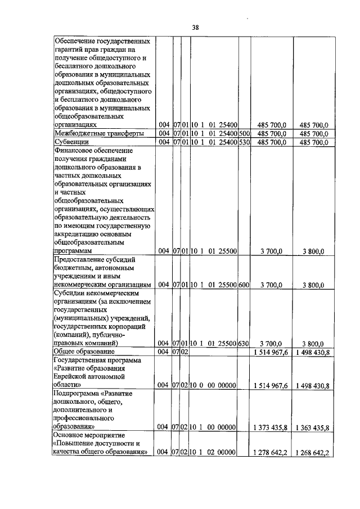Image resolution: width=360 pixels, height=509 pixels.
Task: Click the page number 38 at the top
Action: click(x=179, y=26)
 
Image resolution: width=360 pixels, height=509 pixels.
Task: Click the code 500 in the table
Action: click(x=244, y=133)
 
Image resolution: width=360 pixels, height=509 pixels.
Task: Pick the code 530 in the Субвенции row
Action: click(x=244, y=142)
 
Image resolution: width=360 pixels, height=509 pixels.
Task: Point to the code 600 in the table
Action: click(x=244, y=285)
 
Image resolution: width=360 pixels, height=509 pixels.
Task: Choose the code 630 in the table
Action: click(x=244, y=343)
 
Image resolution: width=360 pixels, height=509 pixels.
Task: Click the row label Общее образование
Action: click(x=83, y=352)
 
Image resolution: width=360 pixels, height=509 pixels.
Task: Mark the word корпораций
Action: click(x=129, y=326)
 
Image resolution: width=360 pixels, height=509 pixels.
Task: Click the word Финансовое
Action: click(x=75, y=151)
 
